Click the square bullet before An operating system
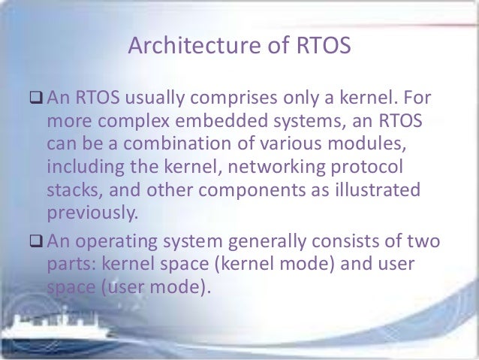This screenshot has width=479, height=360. click(x=35, y=244)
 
